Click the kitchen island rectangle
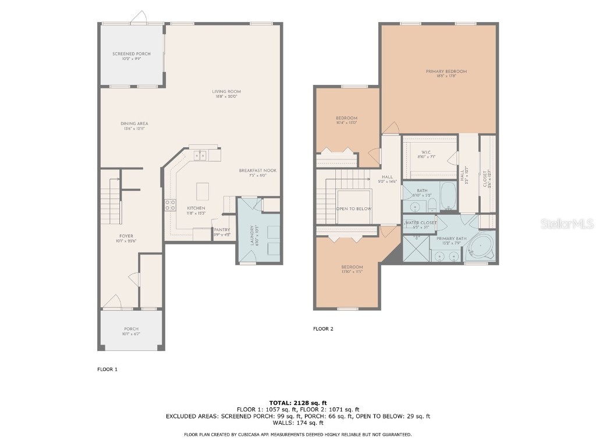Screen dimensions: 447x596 203,190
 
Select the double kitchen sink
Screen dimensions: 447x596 200,155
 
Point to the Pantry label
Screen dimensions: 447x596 222,230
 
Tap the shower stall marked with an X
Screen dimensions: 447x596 416,250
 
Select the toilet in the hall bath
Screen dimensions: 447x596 432,204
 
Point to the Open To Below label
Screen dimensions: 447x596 353,208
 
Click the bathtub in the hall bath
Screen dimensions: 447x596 449,196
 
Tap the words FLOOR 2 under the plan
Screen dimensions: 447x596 323,329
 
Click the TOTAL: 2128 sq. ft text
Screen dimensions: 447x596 298,403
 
